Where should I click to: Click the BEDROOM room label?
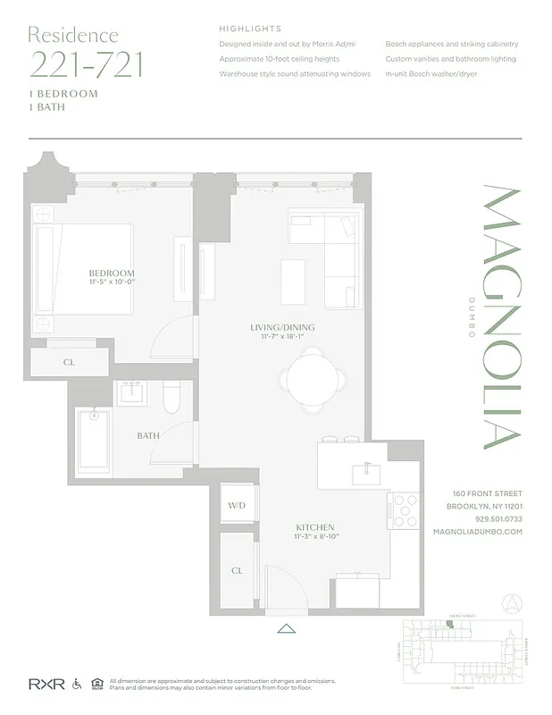click(112, 273)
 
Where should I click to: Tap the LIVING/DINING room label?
click(282, 328)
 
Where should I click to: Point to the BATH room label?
click(148, 436)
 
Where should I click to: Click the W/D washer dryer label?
click(237, 506)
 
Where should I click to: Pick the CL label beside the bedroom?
click(69, 363)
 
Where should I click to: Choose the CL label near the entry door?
click(237, 570)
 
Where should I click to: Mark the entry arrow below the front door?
click(286, 628)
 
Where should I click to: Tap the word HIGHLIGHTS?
click(250, 29)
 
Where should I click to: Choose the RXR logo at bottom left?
click(42, 685)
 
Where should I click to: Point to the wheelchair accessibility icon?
click(77, 685)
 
